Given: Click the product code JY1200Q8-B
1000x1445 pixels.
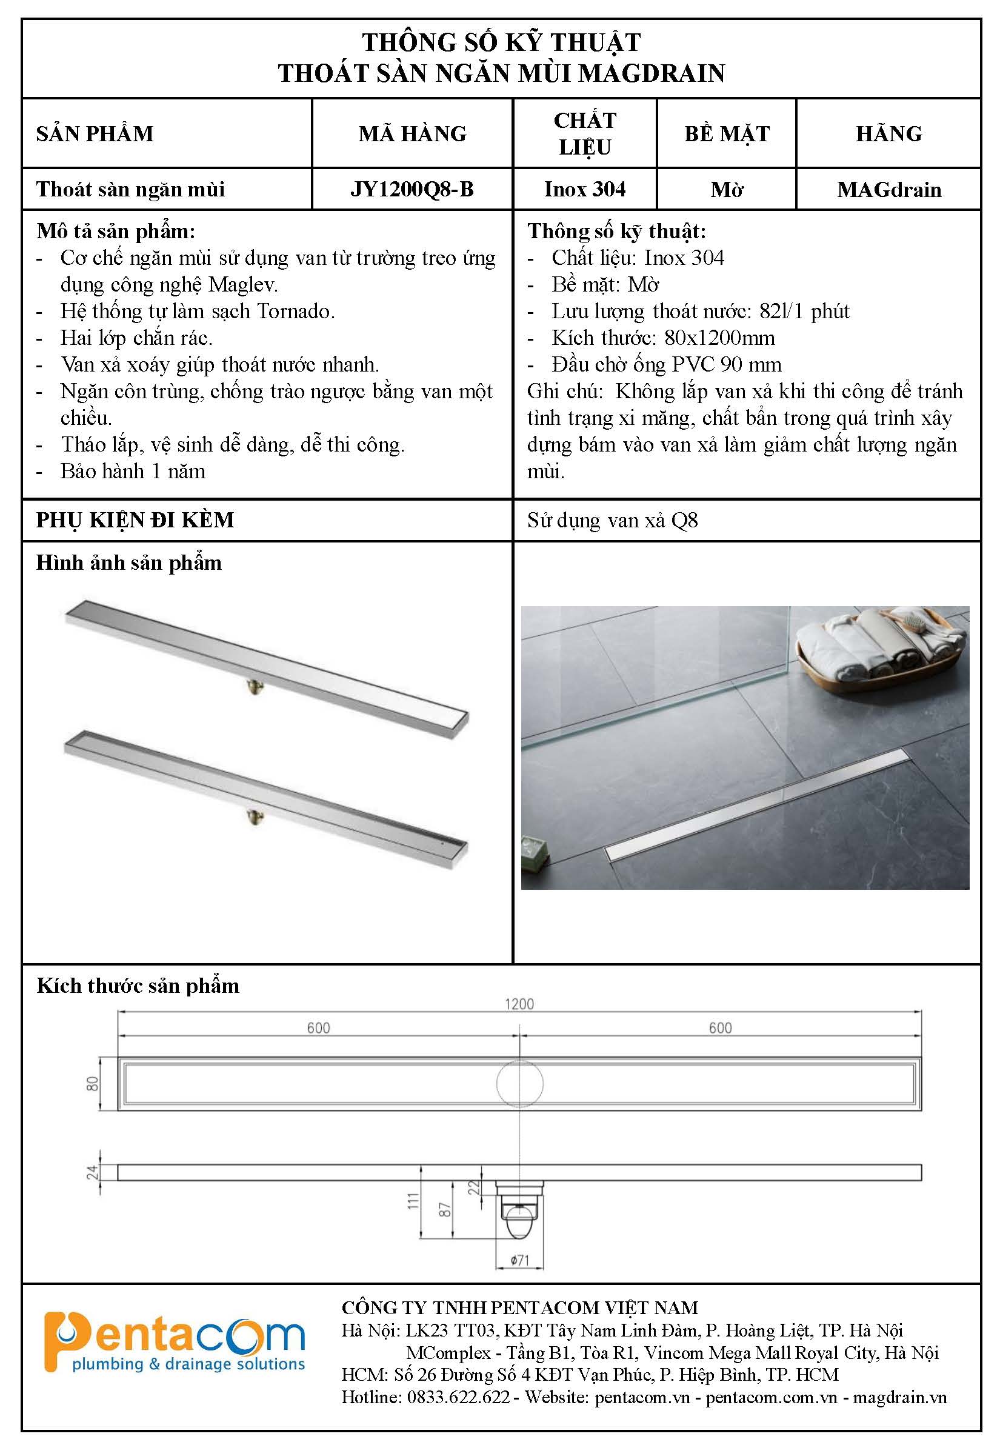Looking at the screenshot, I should [412, 189].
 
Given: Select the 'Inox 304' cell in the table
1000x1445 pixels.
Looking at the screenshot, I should [584, 189].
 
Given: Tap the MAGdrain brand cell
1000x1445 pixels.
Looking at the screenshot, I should [888, 189].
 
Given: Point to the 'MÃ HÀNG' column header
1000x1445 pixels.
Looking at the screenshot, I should [412, 133].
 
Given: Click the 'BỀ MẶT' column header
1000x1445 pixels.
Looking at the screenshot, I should [726, 133].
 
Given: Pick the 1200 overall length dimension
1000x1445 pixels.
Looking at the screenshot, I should [519, 1004].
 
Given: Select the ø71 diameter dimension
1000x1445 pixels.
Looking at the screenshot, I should [519, 1260].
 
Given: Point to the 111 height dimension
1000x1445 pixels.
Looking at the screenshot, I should [412, 1201].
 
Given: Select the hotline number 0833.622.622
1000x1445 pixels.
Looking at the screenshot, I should [458, 1397].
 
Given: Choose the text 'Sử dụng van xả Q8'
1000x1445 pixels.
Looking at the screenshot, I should [612, 520].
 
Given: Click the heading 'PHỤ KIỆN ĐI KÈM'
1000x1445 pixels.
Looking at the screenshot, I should [135, 519].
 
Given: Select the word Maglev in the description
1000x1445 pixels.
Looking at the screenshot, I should [242, 285].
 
